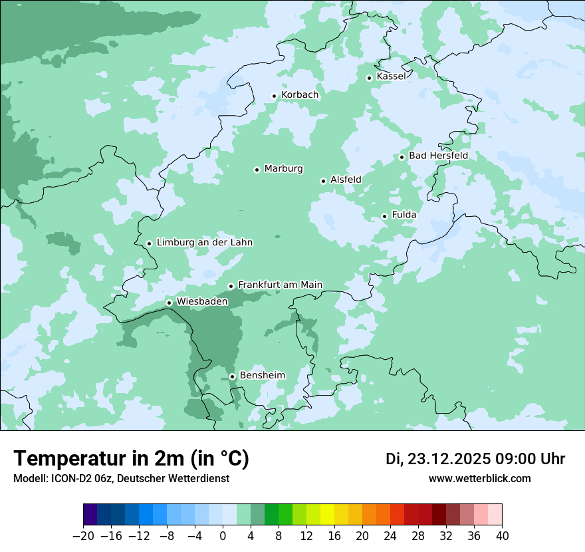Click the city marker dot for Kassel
(369, 78)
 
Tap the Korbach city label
(300, 95)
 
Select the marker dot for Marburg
(257, 170)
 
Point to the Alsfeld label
(346, 180)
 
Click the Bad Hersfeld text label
(438, 156)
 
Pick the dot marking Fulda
(384, 216)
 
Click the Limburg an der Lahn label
(204, 243)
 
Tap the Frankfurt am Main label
(280, 285)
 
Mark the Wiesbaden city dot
(169, 303)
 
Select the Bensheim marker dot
(232, 376)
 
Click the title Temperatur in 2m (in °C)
(131, 459)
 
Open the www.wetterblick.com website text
(479, 479)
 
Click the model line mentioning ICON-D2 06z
(121, 479)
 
